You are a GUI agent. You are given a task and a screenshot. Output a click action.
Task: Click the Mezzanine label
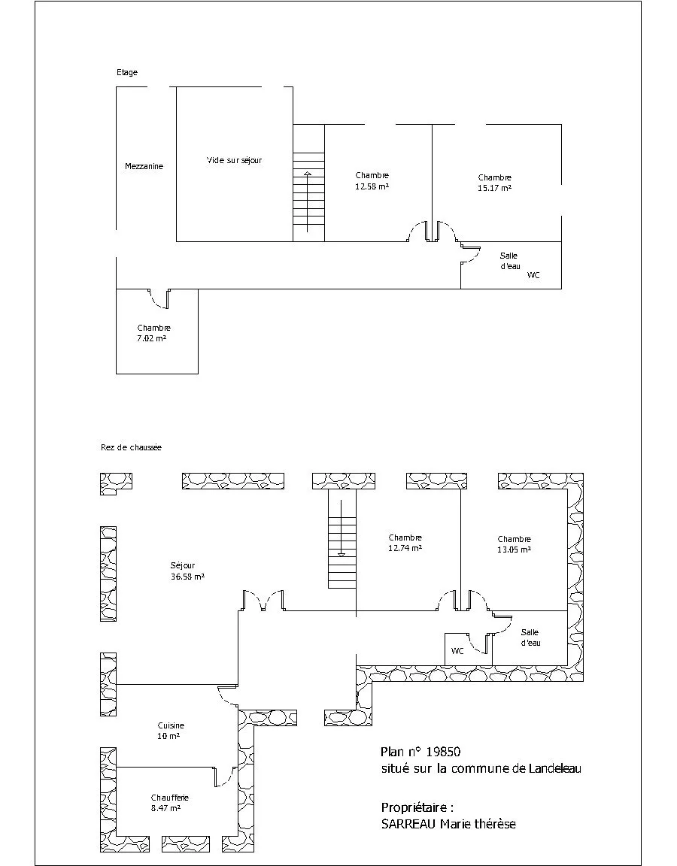pyautogui.click(x=144, y=166)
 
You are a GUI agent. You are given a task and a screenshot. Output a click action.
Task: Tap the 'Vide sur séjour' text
pyautogui.click(x=235, y=161)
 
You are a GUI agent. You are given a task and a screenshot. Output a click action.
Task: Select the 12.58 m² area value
pyautogui.click(x=372, y=186)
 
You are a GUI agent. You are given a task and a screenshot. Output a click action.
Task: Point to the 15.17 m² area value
pyautogui.click(x=495, y=188)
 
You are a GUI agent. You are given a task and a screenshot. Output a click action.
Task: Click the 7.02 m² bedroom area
pyautogui.click(x=152, y=338)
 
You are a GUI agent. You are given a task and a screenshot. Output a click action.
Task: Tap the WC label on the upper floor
pyautogui.click(x=533, y=275)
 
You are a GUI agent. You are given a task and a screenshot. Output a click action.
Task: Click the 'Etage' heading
pyautogui.click(x=127, y=72)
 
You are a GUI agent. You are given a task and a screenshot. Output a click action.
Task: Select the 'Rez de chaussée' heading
pyautogui.click(x=131, y=447)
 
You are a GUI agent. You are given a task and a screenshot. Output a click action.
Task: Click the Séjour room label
pyautogui.click(x=182, y=566)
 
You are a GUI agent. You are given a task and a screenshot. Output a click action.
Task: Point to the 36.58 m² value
pyautogui.click(x=188, y=577)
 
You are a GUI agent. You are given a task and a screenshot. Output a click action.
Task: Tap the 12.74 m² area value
pyautogui.click(x=405, y=549)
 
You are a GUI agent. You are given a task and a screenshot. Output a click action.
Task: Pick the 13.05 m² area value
pyautogui.click(x=514, y=550)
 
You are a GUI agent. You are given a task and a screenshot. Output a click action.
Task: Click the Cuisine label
pyautogui.click(x=171, y=725)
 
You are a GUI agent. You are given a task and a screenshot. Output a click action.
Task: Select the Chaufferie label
pyautogui.click(x=170, y=798)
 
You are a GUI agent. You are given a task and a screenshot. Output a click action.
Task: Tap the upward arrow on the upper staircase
pyautogui.click(x=308, y=201)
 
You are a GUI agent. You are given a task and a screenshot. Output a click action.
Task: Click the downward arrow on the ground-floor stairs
pyautogui.click(x=342, y=528)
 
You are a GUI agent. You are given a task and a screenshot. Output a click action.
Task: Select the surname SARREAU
pyautogui.click(x=409, y=824)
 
